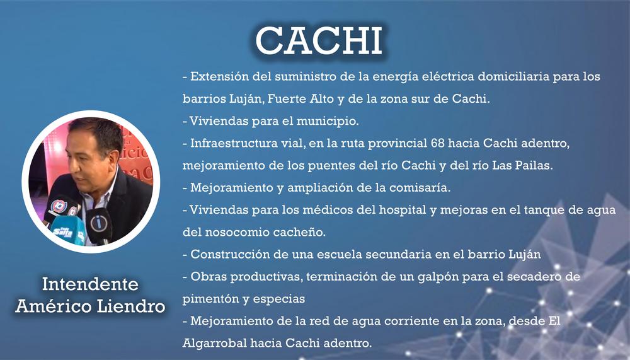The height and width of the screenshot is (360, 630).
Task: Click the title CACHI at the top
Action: coord(319,41)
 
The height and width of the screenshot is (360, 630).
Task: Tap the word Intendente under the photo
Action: coord(90,284)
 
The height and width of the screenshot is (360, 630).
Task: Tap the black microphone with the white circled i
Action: coord(100,224)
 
